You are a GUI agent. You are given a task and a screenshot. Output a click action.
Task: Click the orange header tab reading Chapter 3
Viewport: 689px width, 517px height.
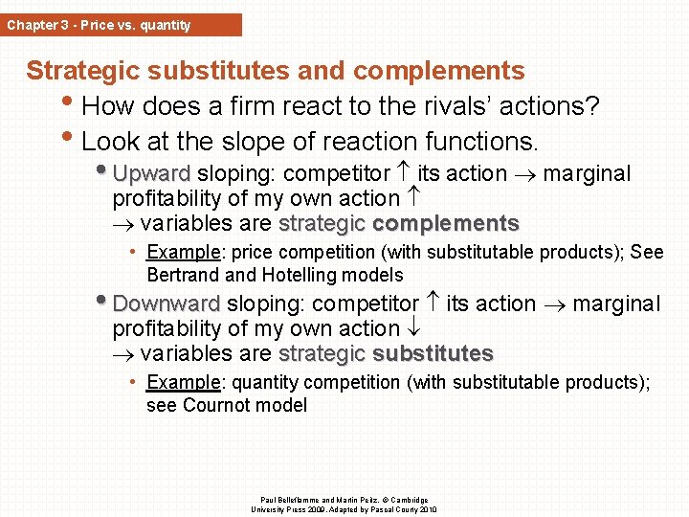click(x=121, y=25)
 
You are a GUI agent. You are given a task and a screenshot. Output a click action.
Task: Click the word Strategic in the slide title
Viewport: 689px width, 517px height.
click(x=85, y=71)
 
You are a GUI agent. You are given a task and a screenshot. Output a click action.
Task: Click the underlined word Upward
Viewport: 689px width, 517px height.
click(x=152, y=174)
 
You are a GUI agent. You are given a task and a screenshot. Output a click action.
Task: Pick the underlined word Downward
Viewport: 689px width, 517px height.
click(x=167, y=304)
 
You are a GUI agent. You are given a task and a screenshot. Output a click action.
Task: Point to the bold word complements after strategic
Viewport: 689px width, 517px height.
click(x=445, y=224)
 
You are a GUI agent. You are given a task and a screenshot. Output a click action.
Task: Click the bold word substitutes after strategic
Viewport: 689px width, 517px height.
click(x=433, y=354)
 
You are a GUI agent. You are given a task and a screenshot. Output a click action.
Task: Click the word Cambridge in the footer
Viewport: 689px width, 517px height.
click(x=410, y=500)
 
